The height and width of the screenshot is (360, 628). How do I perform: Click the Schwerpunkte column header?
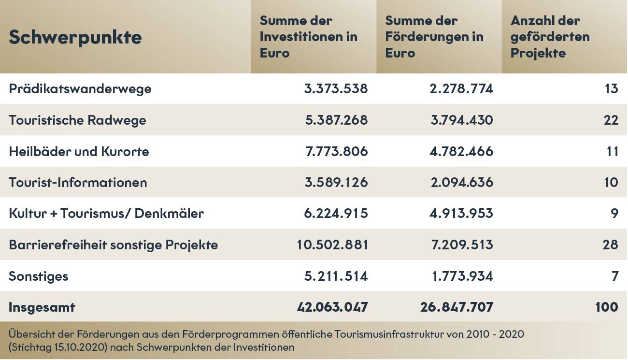pos(75,37)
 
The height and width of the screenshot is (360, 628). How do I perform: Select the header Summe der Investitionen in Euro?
pos(308,37)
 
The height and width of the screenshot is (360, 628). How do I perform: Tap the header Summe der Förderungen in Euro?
pos(434,37)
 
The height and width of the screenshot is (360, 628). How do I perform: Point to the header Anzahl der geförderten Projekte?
pos(550,37)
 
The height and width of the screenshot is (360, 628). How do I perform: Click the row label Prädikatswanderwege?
pos(80,89)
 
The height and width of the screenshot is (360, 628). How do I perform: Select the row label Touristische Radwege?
pos(77,120)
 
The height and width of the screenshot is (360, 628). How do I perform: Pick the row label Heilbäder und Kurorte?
pos(79,151)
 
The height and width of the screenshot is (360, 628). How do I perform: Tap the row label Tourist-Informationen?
pos(78,182)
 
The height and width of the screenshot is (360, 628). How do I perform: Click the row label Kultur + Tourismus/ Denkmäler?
pos(106,213)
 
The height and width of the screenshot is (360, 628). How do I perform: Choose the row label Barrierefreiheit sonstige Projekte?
pos(113,245)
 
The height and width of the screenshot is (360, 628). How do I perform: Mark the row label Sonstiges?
pos(39,276)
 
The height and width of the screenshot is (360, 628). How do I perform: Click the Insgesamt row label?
pos(42,307)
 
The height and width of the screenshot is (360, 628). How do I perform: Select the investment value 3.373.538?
pos(336,89)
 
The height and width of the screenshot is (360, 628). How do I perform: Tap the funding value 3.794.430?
pos(462,120)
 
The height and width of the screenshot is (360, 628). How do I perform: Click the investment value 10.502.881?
pos(332,245)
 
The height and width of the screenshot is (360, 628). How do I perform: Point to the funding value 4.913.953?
pos(462,213)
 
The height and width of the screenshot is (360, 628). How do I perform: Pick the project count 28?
pos(611,245)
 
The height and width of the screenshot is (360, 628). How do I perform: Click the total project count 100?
pos(607,307)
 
